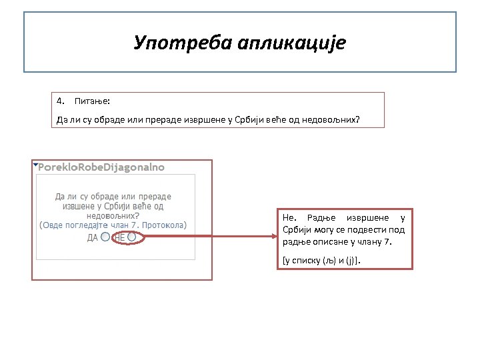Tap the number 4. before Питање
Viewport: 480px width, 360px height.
pos(61,101)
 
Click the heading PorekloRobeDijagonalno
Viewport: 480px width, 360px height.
pos(101,167)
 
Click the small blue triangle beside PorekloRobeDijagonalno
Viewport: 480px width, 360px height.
pos(35,164)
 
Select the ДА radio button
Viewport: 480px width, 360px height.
pos(105,237)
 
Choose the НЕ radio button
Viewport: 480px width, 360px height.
pos(132,237)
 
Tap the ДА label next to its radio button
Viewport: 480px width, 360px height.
pos(93,237)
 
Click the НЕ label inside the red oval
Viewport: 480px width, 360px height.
pos(121,237)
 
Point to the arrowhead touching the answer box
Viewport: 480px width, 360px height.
pos(275,235)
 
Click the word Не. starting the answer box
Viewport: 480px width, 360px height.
pos(289,218)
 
